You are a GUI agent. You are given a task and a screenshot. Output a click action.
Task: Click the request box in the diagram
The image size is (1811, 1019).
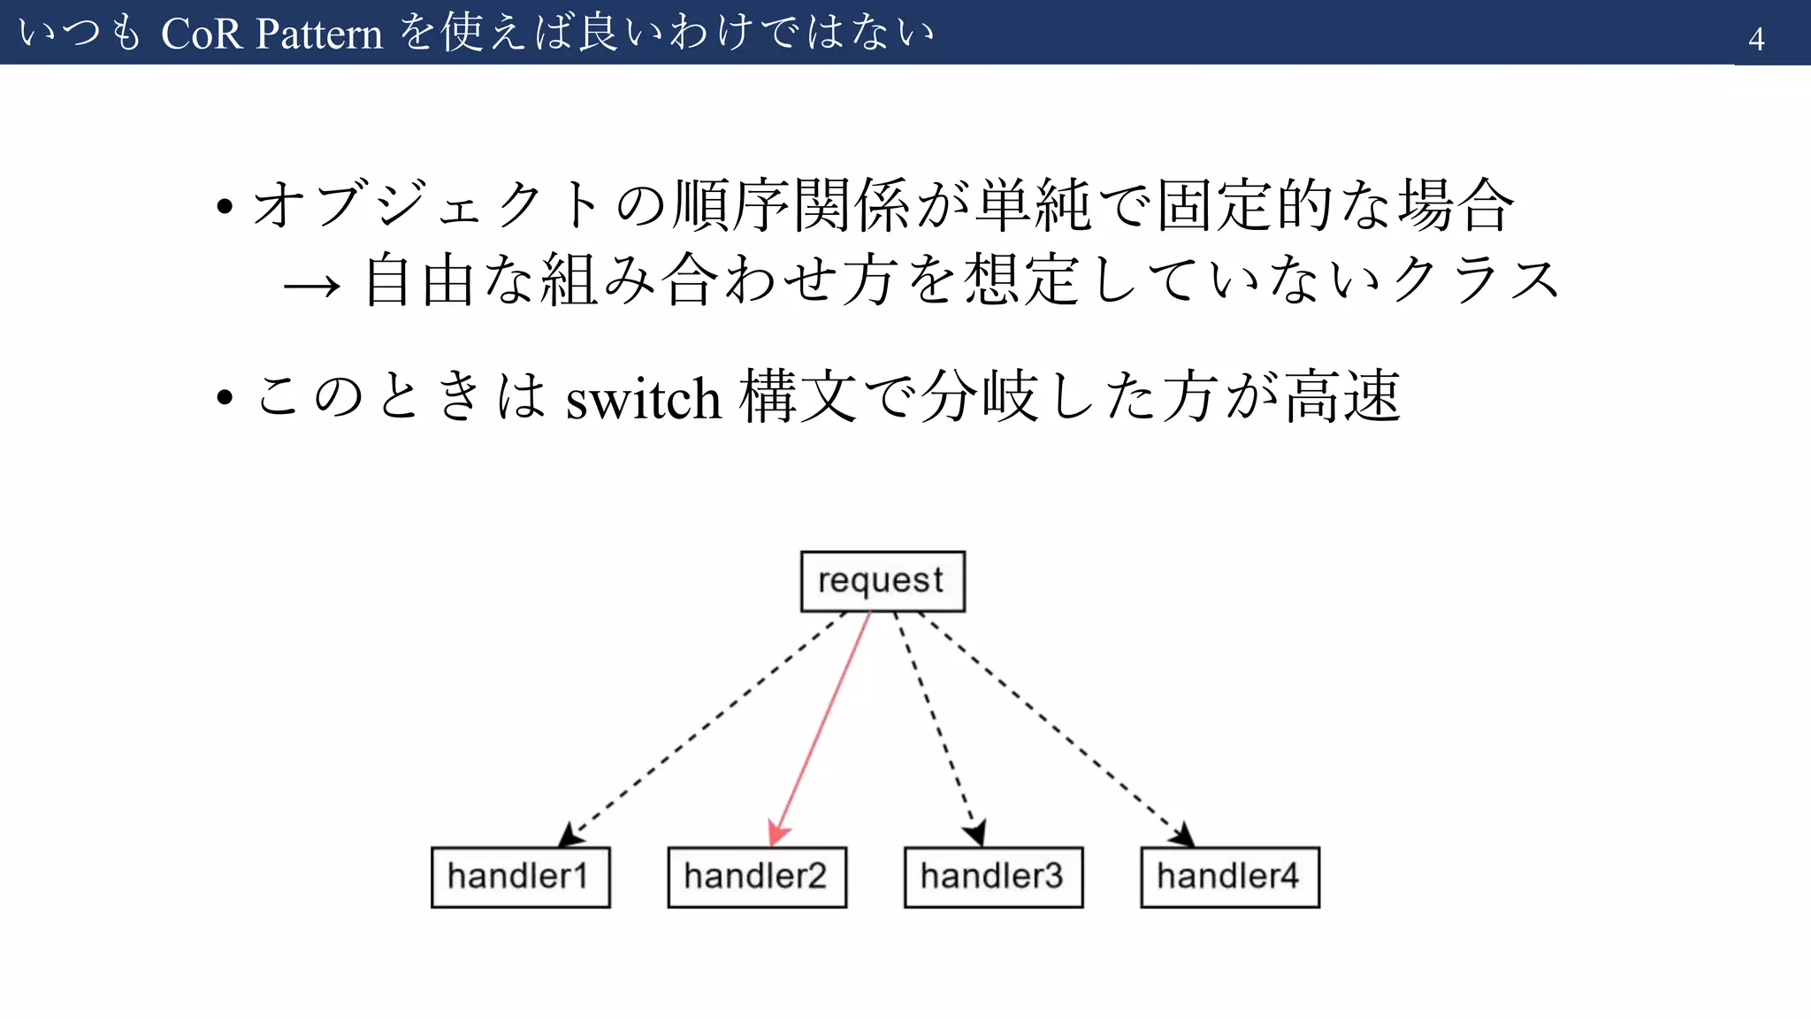[882, 581]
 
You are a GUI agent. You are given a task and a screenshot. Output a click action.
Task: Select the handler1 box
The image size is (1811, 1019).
[520, 877]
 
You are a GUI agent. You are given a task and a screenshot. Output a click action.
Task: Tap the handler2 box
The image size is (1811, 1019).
[757, 877]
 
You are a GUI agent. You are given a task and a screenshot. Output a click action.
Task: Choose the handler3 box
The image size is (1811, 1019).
[993, 877]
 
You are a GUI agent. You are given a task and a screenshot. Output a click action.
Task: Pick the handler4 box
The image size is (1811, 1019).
[1230, 877]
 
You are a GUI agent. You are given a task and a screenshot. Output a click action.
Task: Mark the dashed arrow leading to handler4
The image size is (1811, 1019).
[1057, 725]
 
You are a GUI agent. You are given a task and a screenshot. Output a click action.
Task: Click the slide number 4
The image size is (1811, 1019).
[1756, 39]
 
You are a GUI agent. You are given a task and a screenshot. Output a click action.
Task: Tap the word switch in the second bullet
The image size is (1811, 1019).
[643, 399]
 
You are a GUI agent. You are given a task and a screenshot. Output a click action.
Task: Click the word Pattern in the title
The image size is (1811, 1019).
[320, 34]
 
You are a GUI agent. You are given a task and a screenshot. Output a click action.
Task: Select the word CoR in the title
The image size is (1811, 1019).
[201, 34]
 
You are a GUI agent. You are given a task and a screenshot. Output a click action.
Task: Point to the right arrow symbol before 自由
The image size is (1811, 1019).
[311, 285]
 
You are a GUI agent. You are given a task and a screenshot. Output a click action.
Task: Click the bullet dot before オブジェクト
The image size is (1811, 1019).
[225, 208]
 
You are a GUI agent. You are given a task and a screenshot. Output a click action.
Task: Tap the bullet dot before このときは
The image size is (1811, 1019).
[225, 398]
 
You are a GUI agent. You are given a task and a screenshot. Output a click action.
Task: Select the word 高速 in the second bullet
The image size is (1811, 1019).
[1342, 396]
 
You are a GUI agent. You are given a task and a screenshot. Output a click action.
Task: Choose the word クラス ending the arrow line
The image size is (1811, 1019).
[1474, 280]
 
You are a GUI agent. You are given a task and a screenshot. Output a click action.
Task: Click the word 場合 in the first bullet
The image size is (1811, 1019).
[1456, 205]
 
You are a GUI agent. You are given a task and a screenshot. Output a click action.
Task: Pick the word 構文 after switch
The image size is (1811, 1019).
[798, 396]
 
